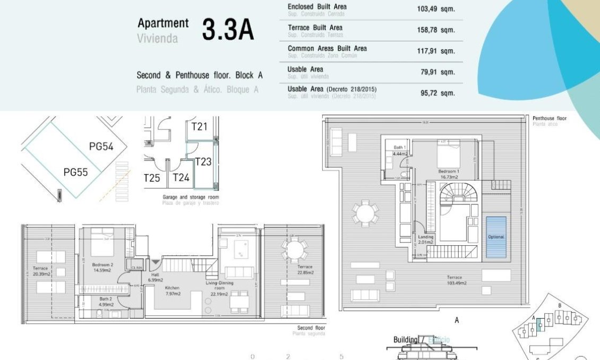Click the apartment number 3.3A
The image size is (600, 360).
click(228, 30)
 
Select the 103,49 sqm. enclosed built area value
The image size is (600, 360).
click(436, 9)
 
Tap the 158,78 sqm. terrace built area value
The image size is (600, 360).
click(436, 30)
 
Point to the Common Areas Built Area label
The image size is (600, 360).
click(327, 48)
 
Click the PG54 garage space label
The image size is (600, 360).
click(101, 147)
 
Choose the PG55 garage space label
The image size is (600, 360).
click(75, 172)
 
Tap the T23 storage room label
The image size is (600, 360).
click(203, 161)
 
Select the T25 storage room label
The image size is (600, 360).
click(152, 178)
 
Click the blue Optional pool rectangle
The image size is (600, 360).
click(496, 237)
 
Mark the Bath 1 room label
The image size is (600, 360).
click(400, 150)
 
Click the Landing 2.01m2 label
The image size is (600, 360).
click(426, 240)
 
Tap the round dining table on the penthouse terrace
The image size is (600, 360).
click(365, 215)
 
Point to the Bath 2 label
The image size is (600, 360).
click(106, 302)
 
